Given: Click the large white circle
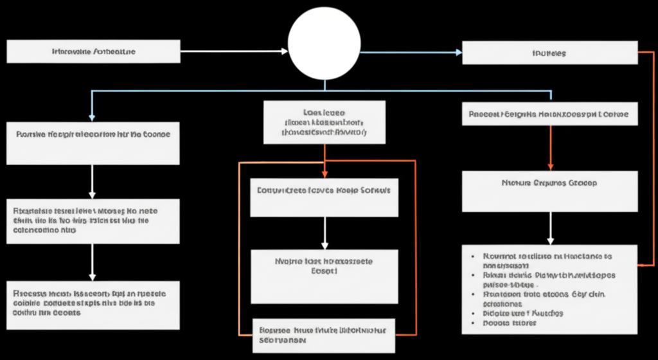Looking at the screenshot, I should [325, 44].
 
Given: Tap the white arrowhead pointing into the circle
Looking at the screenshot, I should [285, 51].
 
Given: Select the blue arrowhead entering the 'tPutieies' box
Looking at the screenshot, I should [458, 53].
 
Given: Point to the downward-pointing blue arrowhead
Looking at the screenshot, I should [92, 118].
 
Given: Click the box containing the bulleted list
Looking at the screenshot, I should [549, 289].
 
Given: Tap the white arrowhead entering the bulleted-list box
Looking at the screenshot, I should [550, 240].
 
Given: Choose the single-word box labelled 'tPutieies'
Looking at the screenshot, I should [549, 53].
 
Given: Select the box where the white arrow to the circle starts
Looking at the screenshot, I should [93, 51].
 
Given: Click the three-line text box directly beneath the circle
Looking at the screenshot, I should [325, 122].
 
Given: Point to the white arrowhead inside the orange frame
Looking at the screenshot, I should [325, 246].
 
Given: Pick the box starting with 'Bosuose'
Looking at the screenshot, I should [323, 334].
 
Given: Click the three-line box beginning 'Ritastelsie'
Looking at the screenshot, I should [93, 221].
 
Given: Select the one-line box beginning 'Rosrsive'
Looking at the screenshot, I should [93, 143].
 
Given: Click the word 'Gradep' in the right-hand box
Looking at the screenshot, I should [583, 183].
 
